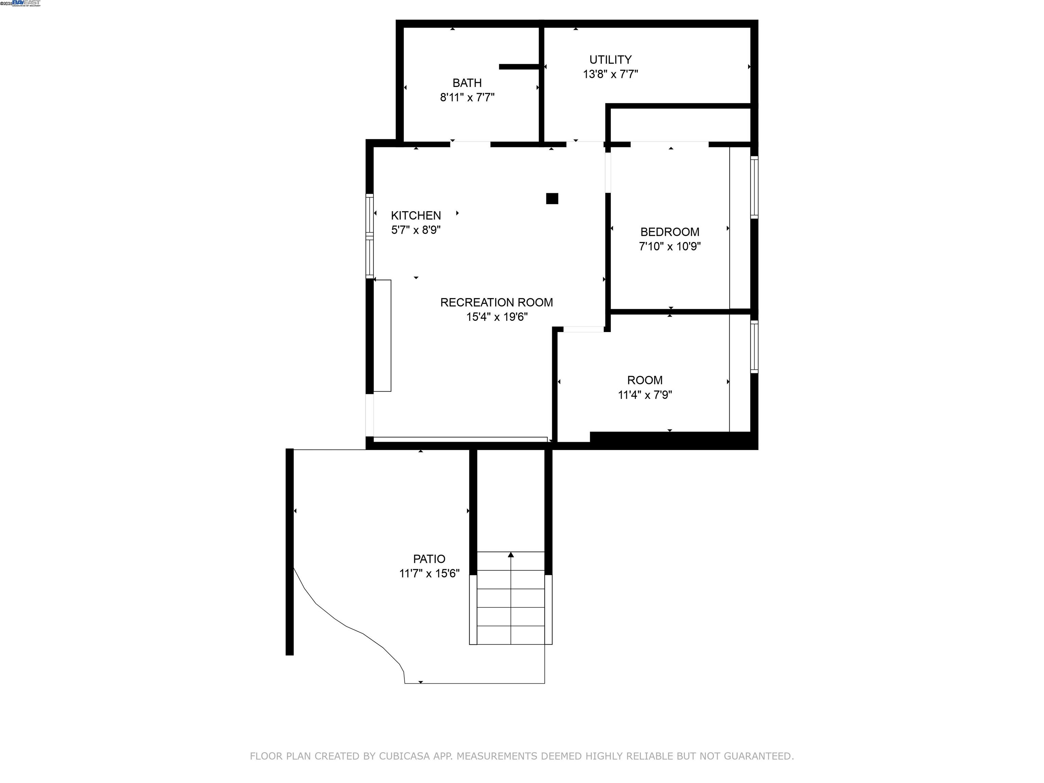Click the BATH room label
tap(467, 83)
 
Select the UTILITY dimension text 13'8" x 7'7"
tap(610, 74)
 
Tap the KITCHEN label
tap(416, 216)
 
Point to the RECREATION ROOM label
tap(497, 302)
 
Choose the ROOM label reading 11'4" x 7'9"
tap(645, 395)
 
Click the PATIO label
tap(429, 559)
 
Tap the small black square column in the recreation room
tap(552, 199)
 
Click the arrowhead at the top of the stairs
tap(511, 555)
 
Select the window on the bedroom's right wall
tap(754, 187)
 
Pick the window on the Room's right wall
tap(754, 347)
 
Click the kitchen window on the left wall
tap(369, 236)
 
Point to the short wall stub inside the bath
tap(519, 67)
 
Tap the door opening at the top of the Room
tap(584, 329)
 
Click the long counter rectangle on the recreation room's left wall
tap(382, 335)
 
